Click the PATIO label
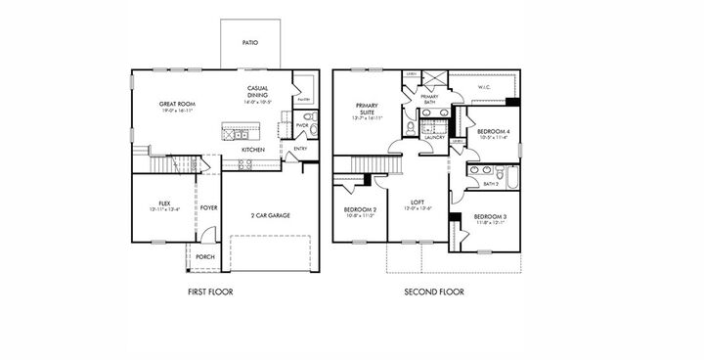(250, 42)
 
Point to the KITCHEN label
(253, 150)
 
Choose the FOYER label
(209, 207)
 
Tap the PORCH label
(205, 256)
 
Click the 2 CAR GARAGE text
(270, 215)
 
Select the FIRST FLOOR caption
(210, 292)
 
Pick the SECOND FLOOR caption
(434, 292)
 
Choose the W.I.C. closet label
(483, 88)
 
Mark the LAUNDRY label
(435, 137)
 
